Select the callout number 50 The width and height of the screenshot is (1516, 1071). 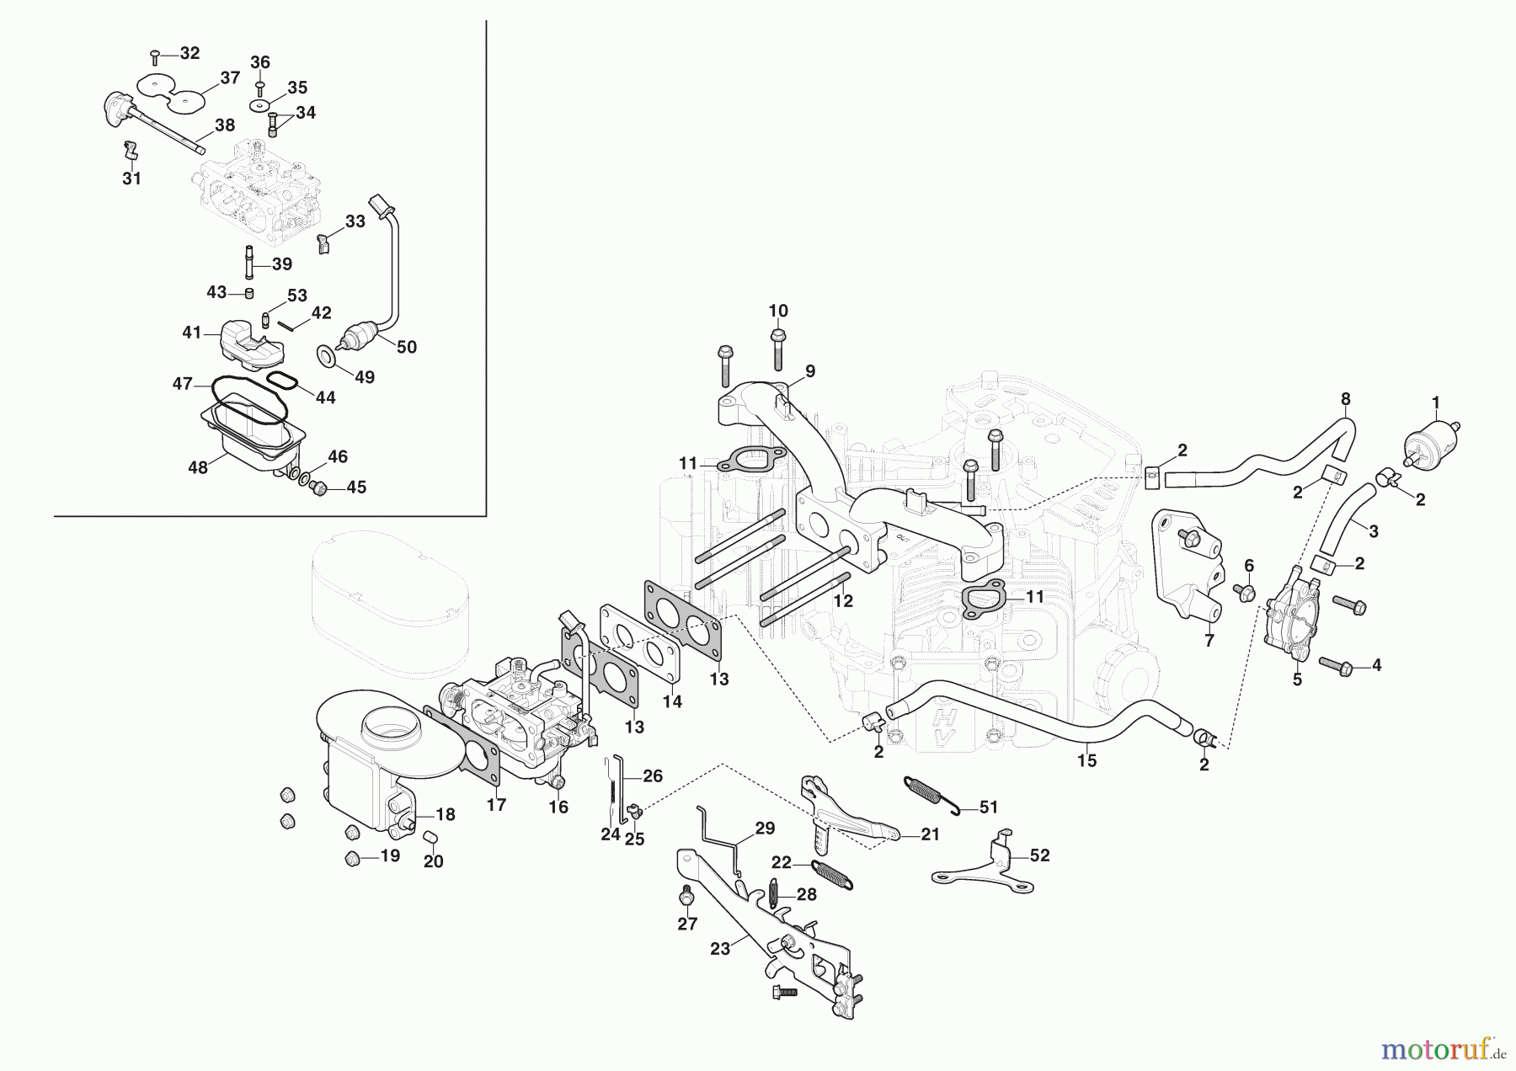[x=406, y=347]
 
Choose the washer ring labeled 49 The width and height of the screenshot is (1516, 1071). [x=327, y=356]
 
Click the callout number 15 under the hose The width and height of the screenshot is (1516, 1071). [x=1086, y=760]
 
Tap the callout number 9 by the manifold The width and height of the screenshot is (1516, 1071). [x=809, y=371]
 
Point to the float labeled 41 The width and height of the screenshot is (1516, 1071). [x=245, y=345]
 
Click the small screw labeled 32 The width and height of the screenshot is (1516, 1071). [x=155, y=56]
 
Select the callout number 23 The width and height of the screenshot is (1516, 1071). [x=720, y=948]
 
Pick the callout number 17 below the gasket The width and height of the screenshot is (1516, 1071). [x=496, y=805]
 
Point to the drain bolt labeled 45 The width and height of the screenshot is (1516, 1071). [x=320, y=488]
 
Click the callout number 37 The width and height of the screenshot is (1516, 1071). [x=230, y=78]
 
